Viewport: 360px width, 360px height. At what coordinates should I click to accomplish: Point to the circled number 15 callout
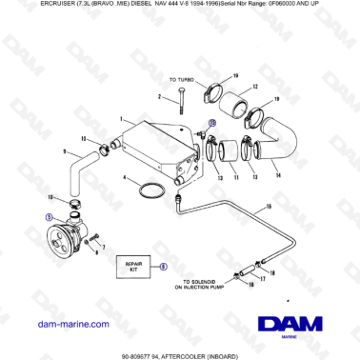[x=212, y=123]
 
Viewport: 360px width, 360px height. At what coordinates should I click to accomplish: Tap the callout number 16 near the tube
[x=269, y=207]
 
